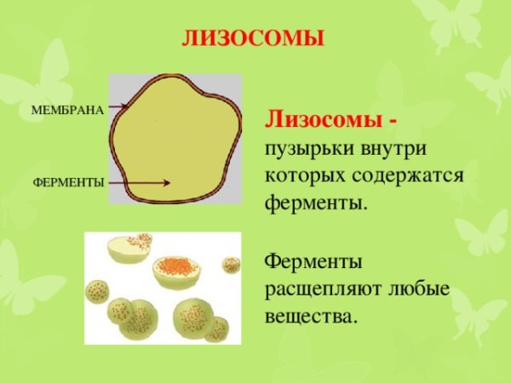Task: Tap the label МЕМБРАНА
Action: point(67,110)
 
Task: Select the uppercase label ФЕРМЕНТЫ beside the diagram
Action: point(68,183)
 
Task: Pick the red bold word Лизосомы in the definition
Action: point(324,119)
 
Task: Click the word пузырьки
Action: point(304,148)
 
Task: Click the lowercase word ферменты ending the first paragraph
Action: point(316,204)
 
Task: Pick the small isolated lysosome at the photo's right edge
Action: point(231,265)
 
